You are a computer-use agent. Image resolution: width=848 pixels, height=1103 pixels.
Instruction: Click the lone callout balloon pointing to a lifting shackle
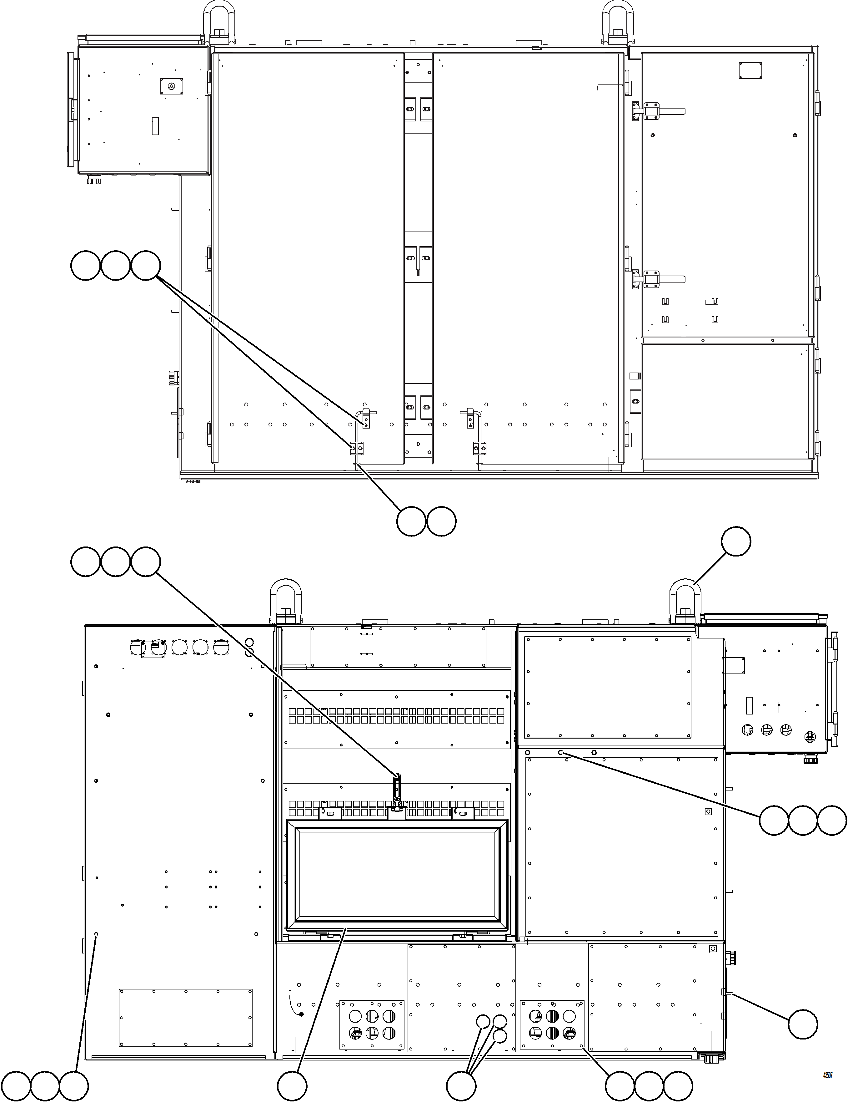pyautogui.click(x=735, y=541)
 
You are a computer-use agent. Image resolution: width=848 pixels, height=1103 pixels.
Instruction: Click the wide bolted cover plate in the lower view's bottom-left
pyautogui.click(x=185, y=1018)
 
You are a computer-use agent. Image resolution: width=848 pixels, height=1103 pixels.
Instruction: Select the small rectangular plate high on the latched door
pyautogui.click(x=750, y=70)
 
